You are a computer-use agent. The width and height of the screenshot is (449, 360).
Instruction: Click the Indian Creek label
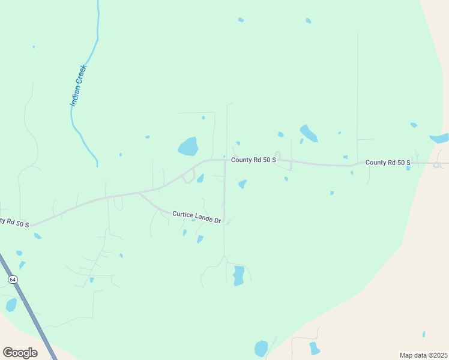[x=79, y=85]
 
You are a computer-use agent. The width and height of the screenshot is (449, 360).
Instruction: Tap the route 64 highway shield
[x=12, y=280]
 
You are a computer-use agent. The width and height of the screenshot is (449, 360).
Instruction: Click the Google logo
[x=20, y=353]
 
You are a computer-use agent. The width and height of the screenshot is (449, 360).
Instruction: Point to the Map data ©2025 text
[x=423, y=355]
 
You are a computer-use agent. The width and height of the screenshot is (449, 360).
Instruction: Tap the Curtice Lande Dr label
[x=197, y=217]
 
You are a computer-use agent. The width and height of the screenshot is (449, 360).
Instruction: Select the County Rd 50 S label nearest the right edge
[x=388, y=163]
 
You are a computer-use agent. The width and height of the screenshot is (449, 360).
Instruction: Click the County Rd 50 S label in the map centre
[x=254, y=160]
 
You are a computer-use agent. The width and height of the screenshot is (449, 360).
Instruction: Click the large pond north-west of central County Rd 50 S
[x=188, y=146]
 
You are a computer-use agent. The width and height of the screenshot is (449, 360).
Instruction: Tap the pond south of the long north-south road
[x=238, y=275]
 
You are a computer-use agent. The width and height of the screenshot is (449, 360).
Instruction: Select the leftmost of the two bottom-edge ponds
[x=261, y=349]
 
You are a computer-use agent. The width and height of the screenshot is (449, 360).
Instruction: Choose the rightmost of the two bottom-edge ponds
[x=314, y=348]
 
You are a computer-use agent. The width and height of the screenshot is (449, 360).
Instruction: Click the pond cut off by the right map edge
[x=440, y=139]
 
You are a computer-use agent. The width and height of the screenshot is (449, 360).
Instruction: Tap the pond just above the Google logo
[x=11, y=305]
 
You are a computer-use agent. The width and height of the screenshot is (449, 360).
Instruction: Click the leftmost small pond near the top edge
[x=241, y=20]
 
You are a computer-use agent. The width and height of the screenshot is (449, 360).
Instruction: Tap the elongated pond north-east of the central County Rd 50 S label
[x=309, y=133]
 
